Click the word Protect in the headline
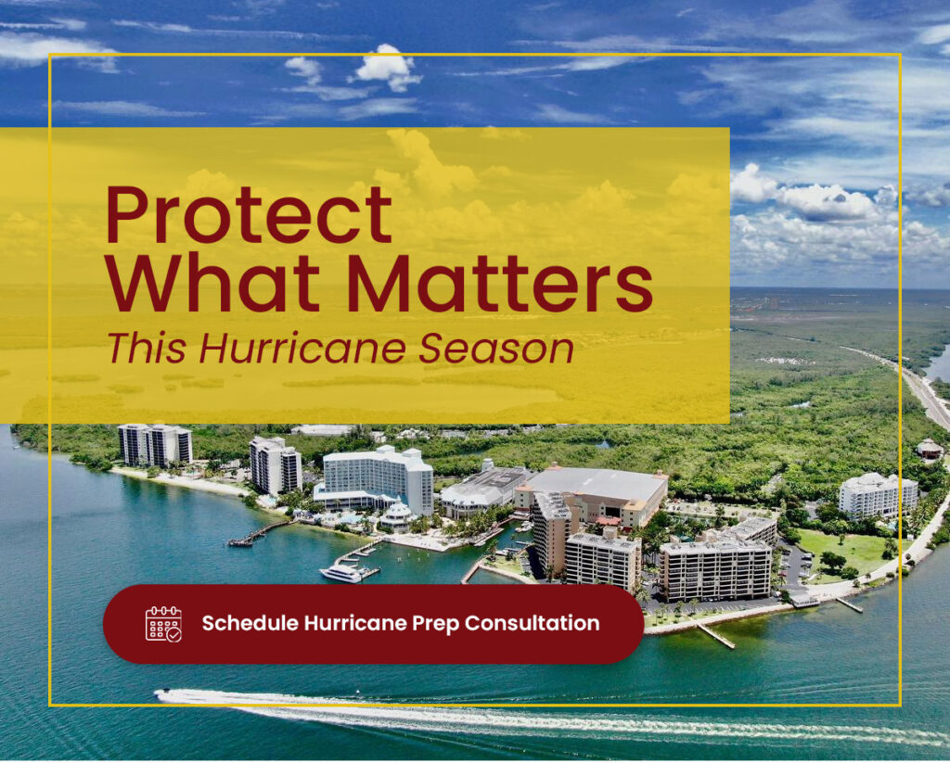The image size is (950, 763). (249, 215)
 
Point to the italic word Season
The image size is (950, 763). (496, 350)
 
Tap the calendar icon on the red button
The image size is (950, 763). (163, 624)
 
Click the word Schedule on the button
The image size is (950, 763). (250, 623)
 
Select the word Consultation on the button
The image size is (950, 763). (532, 623)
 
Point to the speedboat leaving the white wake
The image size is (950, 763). (162, 692)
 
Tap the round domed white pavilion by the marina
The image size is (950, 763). (397, 517)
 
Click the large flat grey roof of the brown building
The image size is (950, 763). (597, 484)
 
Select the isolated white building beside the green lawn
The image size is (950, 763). (878, 495)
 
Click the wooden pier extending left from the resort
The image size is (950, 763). (259, 533)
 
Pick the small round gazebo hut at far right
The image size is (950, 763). (929, 449)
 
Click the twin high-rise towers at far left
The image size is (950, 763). (155, 444)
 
